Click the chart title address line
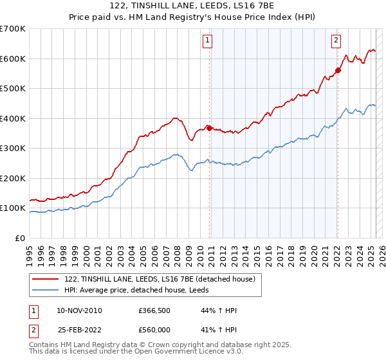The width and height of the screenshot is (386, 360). (192, 6)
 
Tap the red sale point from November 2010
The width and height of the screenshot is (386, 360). (209, 128)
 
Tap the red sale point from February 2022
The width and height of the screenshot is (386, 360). (338, 70)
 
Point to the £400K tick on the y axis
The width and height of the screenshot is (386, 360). (13, 118)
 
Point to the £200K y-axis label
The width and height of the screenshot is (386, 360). (13, 178)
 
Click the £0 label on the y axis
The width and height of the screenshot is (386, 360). (19, 238)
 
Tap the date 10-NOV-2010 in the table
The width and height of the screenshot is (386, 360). (79, 310)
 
